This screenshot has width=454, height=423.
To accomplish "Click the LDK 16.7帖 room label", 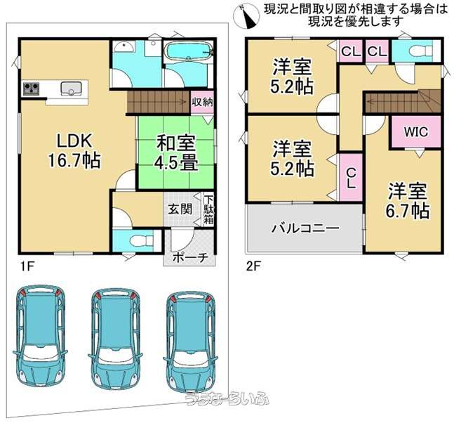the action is (x=74, y=150).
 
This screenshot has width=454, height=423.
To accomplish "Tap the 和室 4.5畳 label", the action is (x=176, y=152).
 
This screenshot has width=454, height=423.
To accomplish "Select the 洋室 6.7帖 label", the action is (x=407, y=201).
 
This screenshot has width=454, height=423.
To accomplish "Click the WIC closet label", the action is (x=416, y=132).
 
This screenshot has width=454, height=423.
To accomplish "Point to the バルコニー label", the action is (x=305, y=228).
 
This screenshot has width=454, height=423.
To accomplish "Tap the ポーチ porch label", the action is (x=191, y=257).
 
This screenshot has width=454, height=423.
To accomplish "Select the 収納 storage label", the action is (x=202, y=102).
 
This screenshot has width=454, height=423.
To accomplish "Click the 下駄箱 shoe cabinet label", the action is (x=208, y=210).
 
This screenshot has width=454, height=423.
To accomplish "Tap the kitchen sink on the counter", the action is (x=71, y=88).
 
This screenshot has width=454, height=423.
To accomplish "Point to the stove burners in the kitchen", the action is (x=32, y=88).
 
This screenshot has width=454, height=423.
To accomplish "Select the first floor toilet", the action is (x=141, y=240).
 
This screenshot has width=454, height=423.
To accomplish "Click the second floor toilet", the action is (x=420, y=51).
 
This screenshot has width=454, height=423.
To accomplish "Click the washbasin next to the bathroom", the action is (x=123, y=46).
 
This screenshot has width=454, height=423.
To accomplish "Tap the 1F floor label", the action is (x=27, y=266).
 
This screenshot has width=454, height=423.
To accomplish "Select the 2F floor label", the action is (x=253, y=266).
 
